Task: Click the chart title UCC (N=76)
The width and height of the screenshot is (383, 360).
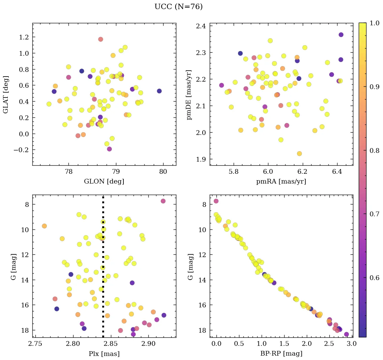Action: (x=178, y=7)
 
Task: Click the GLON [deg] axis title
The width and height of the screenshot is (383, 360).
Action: (x=104, y=182)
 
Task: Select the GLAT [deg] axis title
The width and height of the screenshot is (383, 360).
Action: (x=6, y=94)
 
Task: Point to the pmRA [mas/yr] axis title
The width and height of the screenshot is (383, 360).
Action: (x=281, y=182)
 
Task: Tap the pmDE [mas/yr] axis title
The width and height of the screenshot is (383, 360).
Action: (x=189, y=94)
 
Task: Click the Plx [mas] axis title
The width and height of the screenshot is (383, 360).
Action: (x=104, y=354)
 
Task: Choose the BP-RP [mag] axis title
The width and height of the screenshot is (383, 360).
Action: (x=281, y=354)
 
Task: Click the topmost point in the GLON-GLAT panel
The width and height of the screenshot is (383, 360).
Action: (x=100, y=39)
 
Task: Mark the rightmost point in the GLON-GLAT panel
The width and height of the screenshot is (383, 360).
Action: (x=159, y=91)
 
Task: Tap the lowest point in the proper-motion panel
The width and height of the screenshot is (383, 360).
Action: (x=299, y=154)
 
